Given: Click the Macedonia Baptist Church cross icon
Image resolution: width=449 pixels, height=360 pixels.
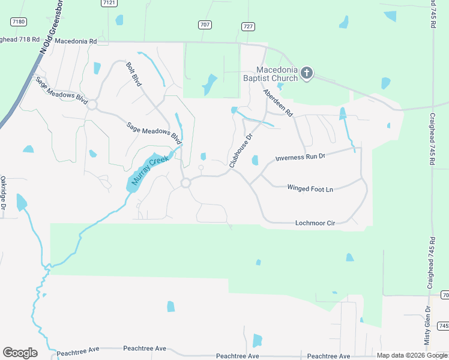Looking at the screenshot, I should (x=306, y=73).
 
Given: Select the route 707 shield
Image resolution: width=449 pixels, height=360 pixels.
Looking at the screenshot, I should (x=205, y=25).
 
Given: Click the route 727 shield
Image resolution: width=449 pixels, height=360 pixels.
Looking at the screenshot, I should (x=248, y=26).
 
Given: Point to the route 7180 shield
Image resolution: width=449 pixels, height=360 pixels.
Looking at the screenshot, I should (x=19, y=22).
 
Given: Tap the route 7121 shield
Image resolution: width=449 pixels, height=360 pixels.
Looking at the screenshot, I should (x=109, y=2).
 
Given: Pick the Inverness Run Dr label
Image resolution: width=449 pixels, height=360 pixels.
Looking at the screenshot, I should (x=300, y=157).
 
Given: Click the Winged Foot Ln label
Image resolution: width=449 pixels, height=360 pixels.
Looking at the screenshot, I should (x=310, y=188).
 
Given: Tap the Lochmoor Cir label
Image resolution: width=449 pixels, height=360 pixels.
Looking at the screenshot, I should (x=315, y=223).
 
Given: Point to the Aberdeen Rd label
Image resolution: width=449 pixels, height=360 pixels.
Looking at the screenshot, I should (x=277, y=103).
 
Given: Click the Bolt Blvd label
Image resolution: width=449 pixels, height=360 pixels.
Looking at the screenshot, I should (x=133, y=74).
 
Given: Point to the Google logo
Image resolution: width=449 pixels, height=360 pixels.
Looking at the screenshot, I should (x=20, y=353).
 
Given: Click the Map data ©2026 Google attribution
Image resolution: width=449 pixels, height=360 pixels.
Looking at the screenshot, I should (x=412, y=355).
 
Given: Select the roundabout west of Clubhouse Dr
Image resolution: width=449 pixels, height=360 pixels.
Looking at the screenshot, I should (x=186, y=182).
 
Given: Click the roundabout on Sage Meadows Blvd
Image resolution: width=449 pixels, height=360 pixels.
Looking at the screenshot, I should (x=92, y=105).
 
